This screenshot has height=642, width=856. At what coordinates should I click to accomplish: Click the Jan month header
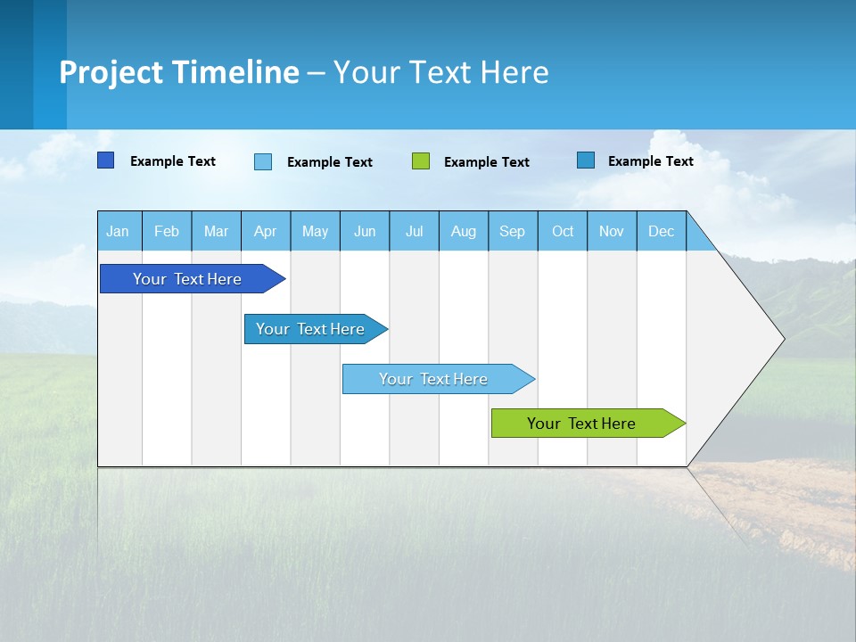[x=118, y=231]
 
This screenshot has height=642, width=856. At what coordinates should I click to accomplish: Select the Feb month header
[x=167, y=231]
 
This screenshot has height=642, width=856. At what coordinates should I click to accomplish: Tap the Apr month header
[x=266, y=231]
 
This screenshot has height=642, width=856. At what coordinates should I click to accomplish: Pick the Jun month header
[x=365, y=231]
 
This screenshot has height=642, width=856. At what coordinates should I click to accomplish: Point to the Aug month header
[x=464, y=231]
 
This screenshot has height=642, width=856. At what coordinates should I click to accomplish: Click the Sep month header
[x=513, y=231]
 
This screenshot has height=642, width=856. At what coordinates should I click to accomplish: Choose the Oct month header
[x=563, y=231]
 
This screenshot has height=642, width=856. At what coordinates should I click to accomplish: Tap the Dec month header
[x=662, y=231]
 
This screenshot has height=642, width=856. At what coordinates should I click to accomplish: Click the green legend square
[x=421, y=161]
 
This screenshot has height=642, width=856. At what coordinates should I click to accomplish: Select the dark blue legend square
[x=105, y=160]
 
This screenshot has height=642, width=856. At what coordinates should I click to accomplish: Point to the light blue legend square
[x=263, y=161]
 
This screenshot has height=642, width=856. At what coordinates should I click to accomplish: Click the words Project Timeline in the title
[x=179, y=72]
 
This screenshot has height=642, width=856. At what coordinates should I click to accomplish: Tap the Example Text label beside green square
[x=487, y=162]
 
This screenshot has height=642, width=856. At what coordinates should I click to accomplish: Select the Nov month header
[x=612, y=231]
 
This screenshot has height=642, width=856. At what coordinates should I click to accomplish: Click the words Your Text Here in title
[x=441, y=72]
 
